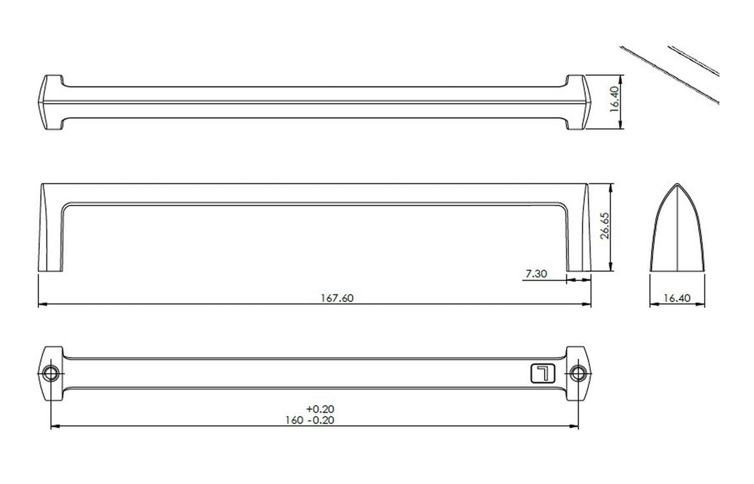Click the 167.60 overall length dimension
(337, 298)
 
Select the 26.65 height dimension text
(605, 226)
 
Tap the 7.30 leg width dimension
(536, 274)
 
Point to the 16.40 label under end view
(676, 298)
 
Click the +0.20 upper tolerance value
(320, 409)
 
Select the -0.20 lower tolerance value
(320, 420)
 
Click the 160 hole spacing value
(294, 420)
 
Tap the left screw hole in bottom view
(50, 373)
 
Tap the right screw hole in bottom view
(578, 373)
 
